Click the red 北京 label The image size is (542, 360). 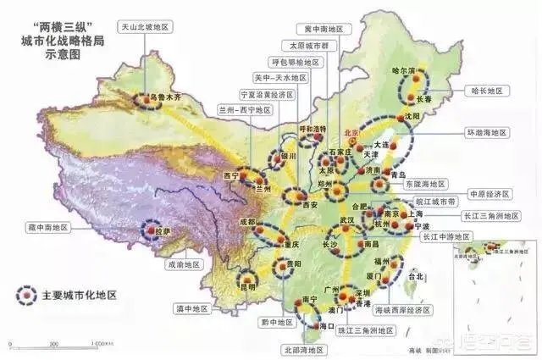click(351, 133)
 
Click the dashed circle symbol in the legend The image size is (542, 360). click(30, 296)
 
